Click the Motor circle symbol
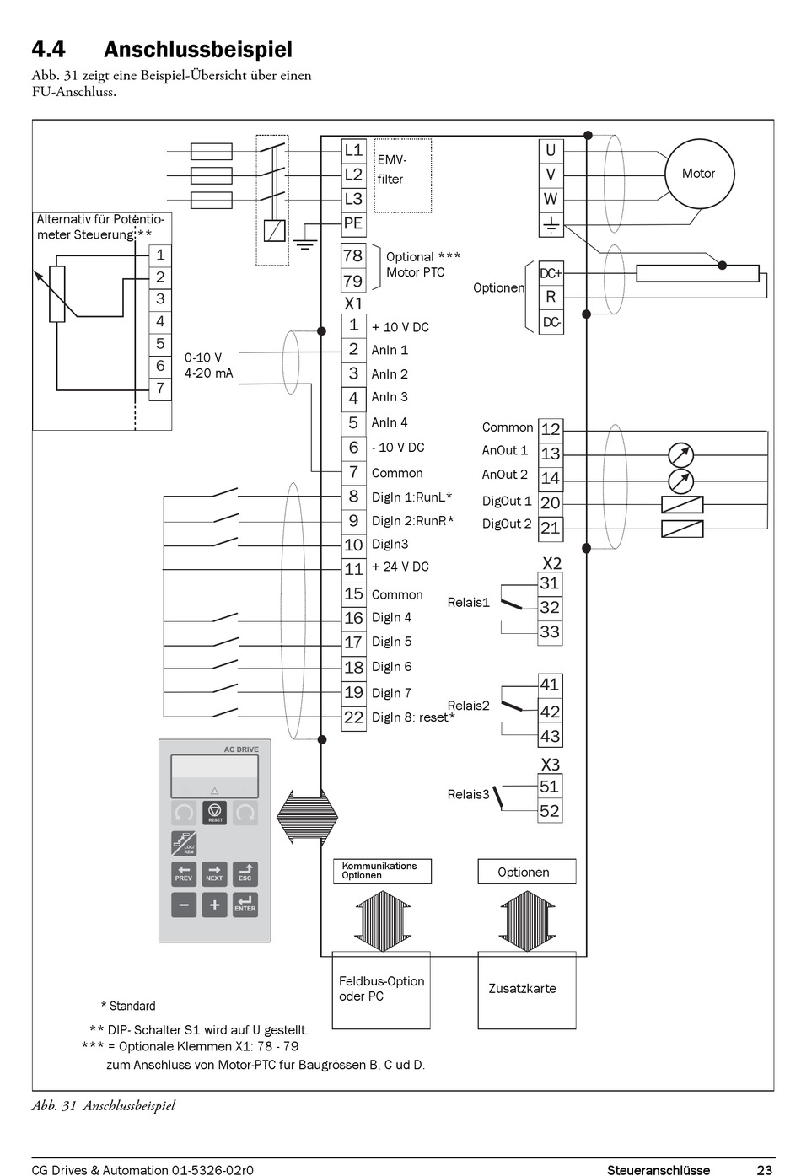tap(698, 174)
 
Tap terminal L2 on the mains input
tap(353, 175)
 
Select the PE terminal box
tap(353, 223)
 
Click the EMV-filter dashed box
tap(403, 175)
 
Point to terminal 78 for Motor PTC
tap(353, 255)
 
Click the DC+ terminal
tap(551, 273)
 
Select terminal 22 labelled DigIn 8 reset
tap(353, 717)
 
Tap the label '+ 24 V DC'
tap(400, 567)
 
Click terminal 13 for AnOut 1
tap(551, 454)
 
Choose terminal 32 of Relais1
tap(550, 608)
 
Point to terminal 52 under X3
tap(550, 811)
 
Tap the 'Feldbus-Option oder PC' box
tap(381, 990)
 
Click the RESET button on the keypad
tap(215, 813)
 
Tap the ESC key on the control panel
tap(245, 873)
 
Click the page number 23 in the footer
tap(764, 1169)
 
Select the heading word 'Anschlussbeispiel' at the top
tap(198, 50)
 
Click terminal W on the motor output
tap(551, 199)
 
